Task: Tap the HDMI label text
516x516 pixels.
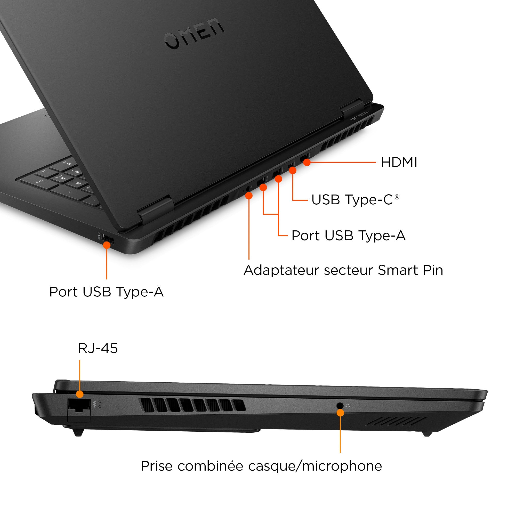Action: [x=399, y=162]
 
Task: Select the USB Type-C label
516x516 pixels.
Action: [x=352, y=200]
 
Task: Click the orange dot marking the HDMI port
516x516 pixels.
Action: [x=307, y=162]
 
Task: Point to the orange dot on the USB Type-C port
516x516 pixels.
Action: [x=293, y=170]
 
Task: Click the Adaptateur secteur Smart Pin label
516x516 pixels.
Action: [x=343, y=270]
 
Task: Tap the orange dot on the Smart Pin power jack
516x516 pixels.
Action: [x=249, y=196]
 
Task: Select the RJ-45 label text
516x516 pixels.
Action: [x=98, y=348]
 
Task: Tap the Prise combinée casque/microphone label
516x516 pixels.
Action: [x=261, y=466]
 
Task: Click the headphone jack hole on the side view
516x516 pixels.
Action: [x=340, y=405]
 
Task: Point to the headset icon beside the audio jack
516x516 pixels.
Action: [x=348, y=406]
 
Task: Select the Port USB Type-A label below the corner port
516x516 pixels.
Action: [x=106, y=292]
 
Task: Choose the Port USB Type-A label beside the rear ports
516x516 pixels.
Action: [x=348, y=236]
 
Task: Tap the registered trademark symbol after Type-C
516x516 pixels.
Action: [x=397, y=197]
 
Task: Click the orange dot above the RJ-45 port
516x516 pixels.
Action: [x=79, y=394]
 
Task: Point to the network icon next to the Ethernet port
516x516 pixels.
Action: [x=94, y=404]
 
